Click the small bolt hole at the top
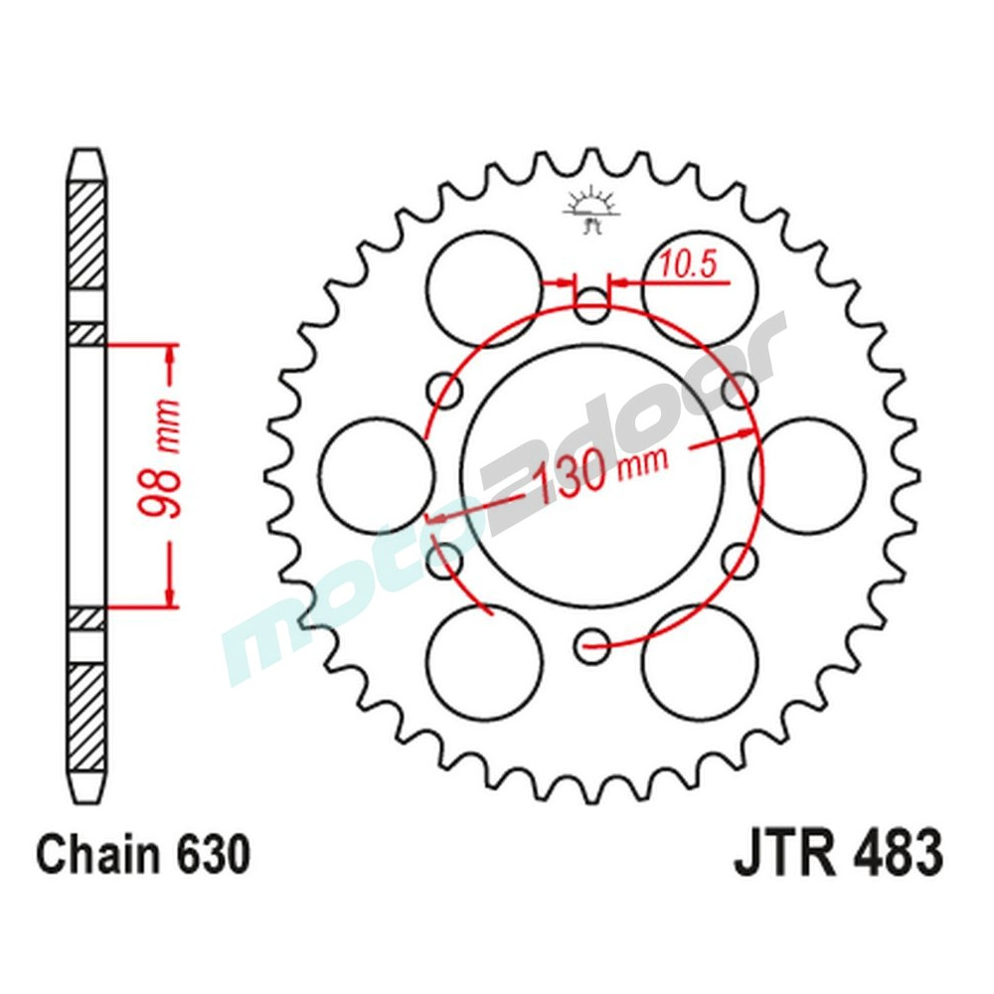(x=592, y=306)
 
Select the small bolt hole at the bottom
(x=592, y=646)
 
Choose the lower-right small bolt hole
(x=741, y=562)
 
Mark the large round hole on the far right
(x=807, y=475)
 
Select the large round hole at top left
(x=484, y=289)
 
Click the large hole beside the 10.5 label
(x=700, y=289)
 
